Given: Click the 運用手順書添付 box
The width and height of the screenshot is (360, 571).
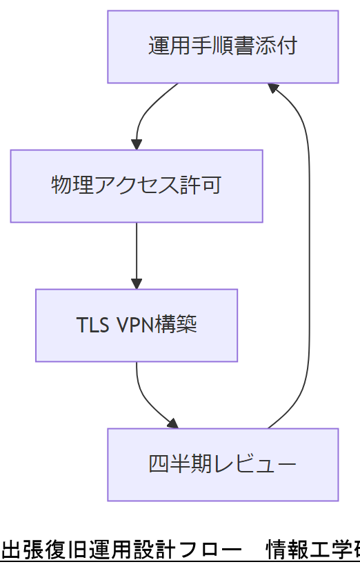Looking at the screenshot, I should coord(223,47).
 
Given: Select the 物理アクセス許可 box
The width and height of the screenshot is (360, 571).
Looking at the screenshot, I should coord(137,186).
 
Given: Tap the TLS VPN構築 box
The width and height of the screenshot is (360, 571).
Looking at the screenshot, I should coord(137,325).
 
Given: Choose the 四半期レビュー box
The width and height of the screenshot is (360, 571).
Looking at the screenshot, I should coord(223,464).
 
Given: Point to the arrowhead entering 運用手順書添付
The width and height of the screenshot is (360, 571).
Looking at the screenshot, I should coord(272,88).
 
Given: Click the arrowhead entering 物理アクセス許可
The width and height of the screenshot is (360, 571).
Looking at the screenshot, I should coord(137,144).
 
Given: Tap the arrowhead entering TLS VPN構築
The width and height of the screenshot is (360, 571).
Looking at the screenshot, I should coord(137,283).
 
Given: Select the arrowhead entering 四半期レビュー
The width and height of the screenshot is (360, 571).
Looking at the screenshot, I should coord(172,423).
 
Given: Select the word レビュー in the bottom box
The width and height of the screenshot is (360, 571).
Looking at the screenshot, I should coord(259,464).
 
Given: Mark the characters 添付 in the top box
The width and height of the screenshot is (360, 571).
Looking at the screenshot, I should coord(279,47).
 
